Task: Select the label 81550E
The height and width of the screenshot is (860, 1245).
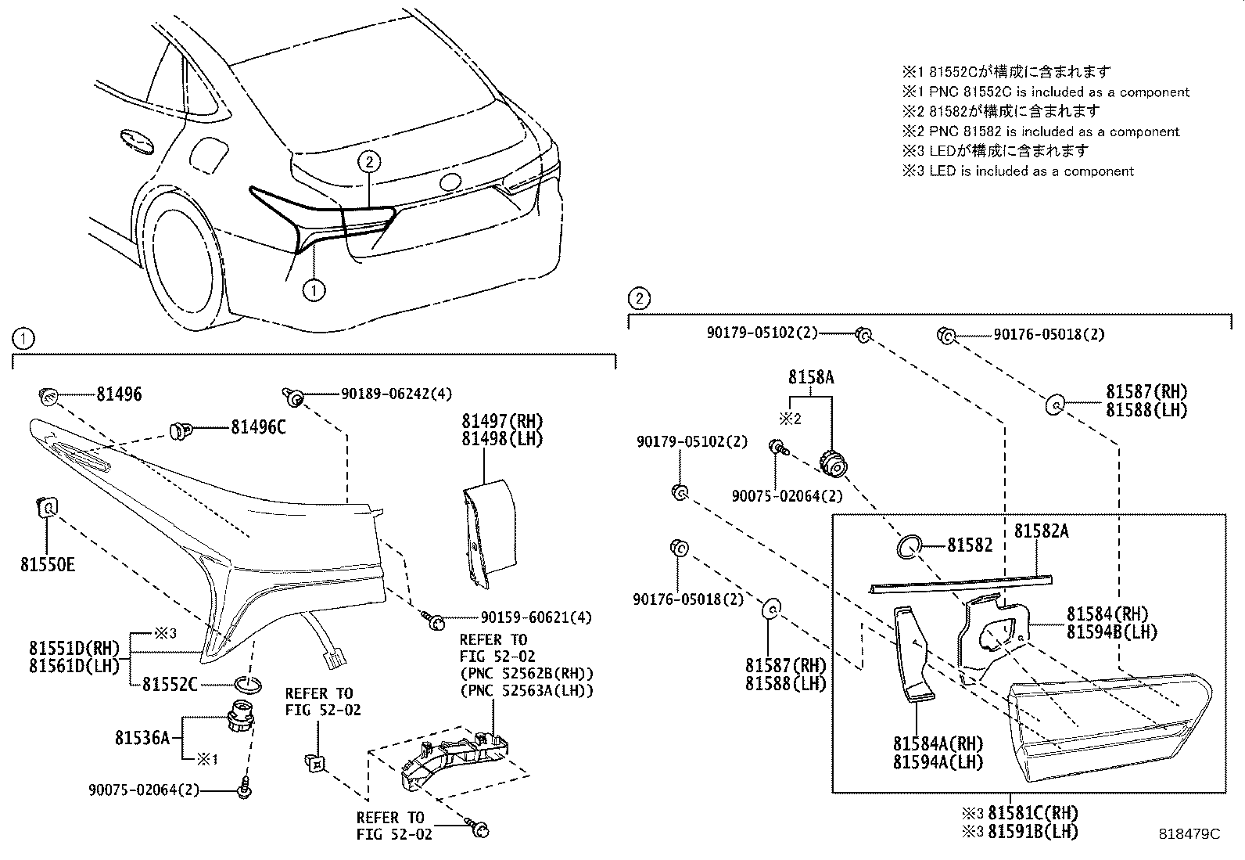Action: [x=48, y=563]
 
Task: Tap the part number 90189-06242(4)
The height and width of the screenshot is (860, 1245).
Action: [x=396, y=394]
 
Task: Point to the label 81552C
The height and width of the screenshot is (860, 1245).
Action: [x=170, y=685]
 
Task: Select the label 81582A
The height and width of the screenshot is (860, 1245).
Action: [x=1041, y=531]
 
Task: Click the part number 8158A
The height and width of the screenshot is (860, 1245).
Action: [x=810, y=378]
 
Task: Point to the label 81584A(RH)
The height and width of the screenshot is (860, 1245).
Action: [x=938, y=743]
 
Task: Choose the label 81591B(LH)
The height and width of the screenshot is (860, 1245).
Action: [x=1032, y=832]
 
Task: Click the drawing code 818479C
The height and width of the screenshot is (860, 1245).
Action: [x=1189, y=835]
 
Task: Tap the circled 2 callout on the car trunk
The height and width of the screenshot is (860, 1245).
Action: [x=369, y=162]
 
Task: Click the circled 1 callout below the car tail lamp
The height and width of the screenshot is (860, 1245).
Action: [x=314, y=290]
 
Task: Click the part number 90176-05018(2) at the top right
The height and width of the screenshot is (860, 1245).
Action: [x=1049, y=335]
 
